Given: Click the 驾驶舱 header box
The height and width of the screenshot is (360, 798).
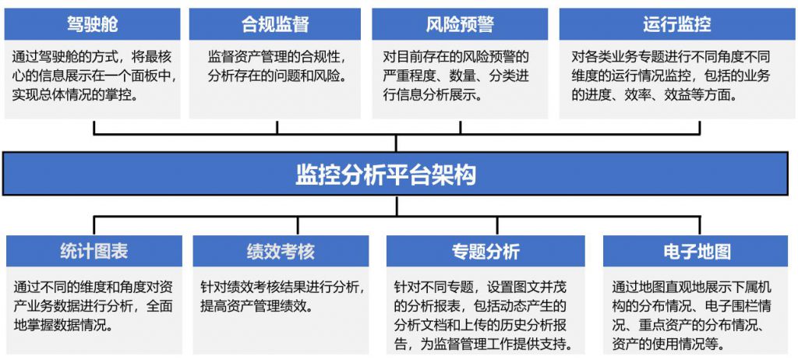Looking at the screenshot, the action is coord(92,24).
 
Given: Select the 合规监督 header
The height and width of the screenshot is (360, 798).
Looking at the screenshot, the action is coord(275,24).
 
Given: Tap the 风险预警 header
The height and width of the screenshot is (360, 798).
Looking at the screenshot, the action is coord(460,24).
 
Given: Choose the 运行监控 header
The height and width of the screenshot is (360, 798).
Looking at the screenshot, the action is coord(677,24).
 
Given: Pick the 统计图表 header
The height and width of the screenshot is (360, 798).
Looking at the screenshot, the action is coord(94,251).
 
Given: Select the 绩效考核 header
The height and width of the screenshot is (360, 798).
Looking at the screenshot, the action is coord(281,251).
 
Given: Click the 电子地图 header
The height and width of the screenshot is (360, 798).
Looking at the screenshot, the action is coord(697,251).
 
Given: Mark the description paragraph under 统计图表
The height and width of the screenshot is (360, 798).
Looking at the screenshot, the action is coord(94,305).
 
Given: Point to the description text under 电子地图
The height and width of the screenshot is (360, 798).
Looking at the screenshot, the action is coord(692,315).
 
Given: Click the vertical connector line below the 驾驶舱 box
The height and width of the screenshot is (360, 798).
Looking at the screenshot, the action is coord(94,127).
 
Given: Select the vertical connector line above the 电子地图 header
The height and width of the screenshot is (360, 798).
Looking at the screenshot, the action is coord(700,224).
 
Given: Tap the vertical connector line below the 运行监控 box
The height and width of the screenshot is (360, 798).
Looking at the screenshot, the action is coord(700,127).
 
